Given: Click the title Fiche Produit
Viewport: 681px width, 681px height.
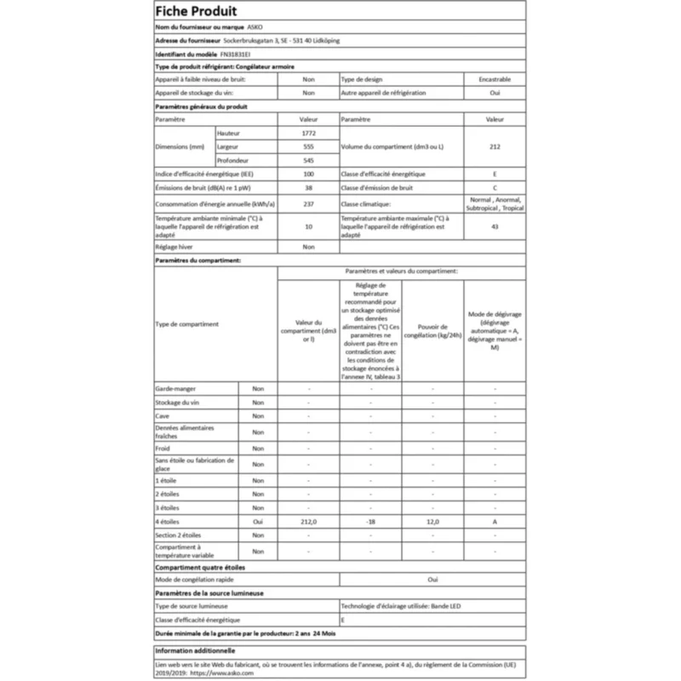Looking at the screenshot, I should [196, 11].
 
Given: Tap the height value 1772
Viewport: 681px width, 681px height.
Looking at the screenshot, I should [308, 134].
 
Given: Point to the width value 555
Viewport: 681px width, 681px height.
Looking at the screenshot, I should [308, 147].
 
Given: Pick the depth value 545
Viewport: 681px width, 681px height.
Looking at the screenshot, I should [308, 161].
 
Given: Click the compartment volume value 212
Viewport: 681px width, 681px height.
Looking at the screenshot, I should [495, 147].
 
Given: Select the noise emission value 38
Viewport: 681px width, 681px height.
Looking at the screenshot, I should [308, 188].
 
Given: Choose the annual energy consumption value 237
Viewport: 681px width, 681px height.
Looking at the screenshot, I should [308, 204].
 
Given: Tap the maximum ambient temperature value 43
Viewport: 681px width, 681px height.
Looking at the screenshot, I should [495, 226].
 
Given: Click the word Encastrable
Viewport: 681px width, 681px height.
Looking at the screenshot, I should [495, 78].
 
